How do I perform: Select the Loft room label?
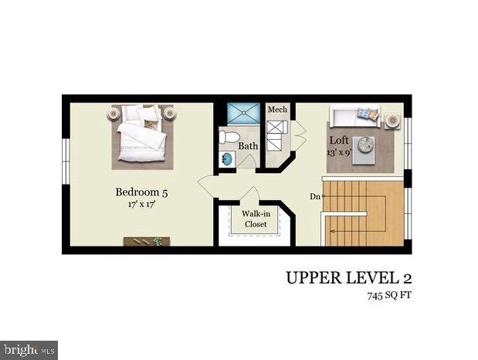[x=339, y=141]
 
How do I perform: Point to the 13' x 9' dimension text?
[x=340, y=153]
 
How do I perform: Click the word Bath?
[x=247, y=145]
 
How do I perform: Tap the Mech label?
[x=277, y=110]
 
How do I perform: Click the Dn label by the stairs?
[x=314, y=196]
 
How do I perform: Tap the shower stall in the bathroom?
[x=240, y=113]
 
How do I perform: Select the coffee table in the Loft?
[x=364, y=144]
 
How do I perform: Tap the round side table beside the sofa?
[x=393, y=120]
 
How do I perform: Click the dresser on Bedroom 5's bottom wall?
[x=147, y=242]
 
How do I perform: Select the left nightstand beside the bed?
[x=114, y=113]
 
